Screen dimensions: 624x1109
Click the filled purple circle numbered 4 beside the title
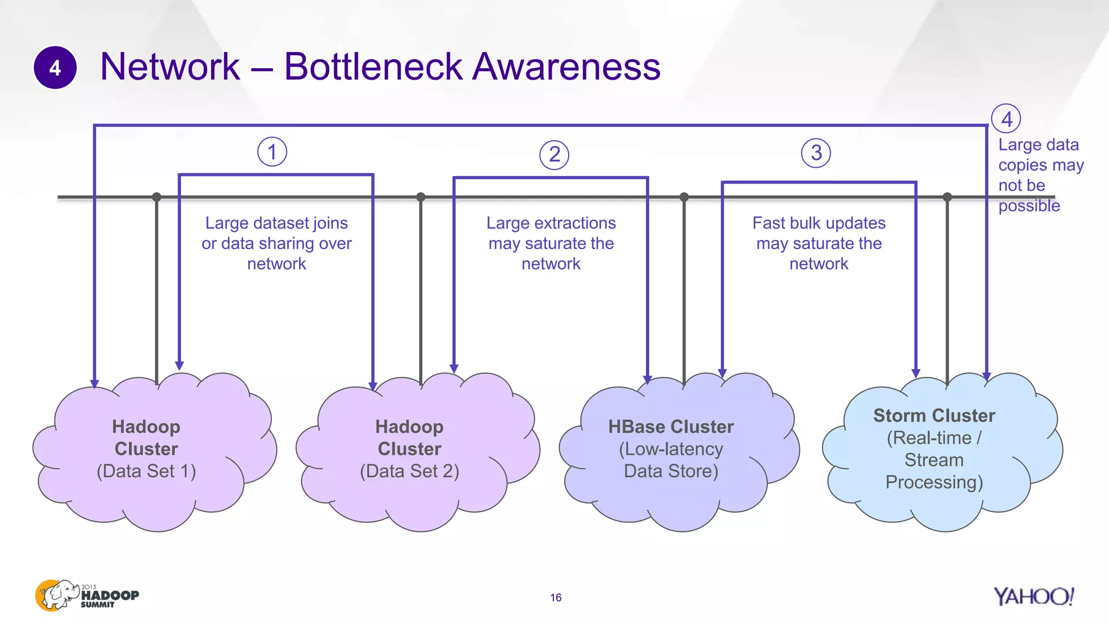pos(55,68)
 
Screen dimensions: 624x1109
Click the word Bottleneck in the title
pos(373,67)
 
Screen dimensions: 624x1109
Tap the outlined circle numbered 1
pos(272,152)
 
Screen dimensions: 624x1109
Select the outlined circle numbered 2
pos(554,155)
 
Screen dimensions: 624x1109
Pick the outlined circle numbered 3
pos(816,153)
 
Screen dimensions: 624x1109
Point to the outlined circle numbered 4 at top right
pos(1006,119)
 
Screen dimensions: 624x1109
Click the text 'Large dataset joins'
pos(276,223)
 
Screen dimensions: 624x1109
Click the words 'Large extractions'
pos(551,223)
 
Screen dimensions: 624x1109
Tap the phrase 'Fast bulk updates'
pos(819,223)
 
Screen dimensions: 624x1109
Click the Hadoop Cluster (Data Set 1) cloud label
pos(146,448)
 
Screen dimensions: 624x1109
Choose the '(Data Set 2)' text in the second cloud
pos(409,471)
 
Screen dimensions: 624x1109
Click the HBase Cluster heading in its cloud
pos(670,427)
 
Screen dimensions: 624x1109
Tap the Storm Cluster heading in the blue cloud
pos(934,415)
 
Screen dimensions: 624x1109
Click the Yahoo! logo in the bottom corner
pos(1033,596)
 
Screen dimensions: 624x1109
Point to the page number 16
pos(556,597)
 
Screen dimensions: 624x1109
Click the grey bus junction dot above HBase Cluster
pos(684,197)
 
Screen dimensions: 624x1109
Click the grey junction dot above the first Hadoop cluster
pos(156,197)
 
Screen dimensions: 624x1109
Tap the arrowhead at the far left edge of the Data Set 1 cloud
pos(95,384)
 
